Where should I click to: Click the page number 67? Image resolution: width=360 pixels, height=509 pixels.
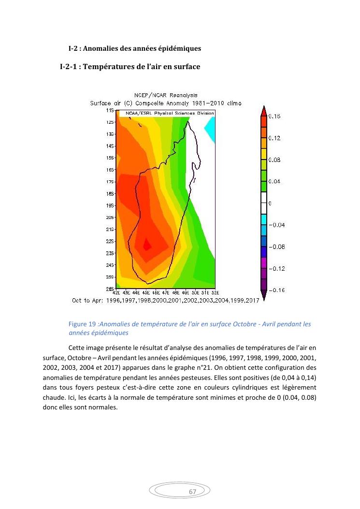coord(192,492)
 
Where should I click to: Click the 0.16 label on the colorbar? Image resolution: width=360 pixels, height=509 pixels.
coord(274,116)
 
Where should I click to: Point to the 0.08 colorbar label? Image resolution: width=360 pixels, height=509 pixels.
coord(274,160)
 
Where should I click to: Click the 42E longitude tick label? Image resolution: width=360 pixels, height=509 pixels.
coord(116,292)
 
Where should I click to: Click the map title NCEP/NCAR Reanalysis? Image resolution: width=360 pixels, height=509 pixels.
coord(165,95)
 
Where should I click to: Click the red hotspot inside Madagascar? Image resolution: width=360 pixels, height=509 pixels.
coord(147,246)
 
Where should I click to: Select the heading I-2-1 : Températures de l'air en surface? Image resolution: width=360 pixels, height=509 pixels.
coord(130,66)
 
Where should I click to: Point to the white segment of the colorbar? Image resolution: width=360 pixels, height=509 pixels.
coord(263,203)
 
